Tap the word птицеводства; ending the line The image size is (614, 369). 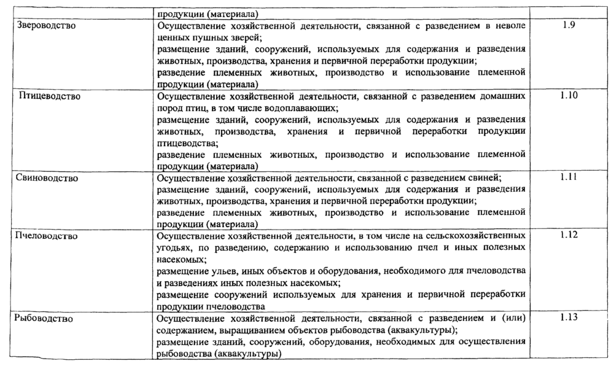tap(184, 143)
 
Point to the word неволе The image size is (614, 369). tap(510, 26)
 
